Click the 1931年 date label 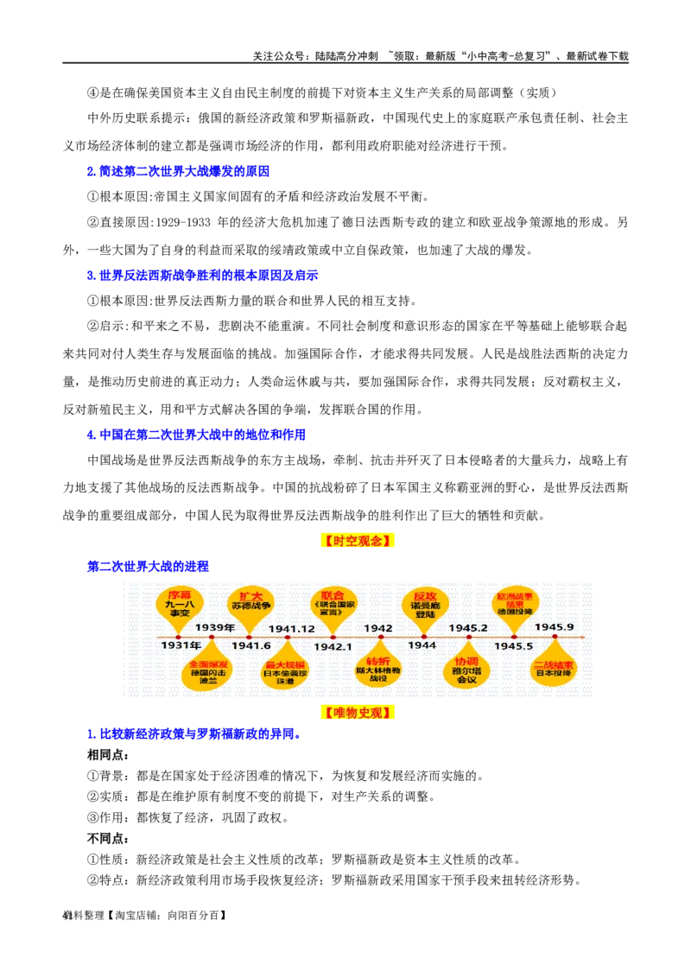tap(181, 645)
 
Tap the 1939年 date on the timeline tap(214, 627)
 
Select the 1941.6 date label tap(251, 645)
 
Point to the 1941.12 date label tap(291, 628)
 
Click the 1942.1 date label tap(333, 645)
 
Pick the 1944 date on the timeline tap(422, 645)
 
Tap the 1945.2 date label tap(468, 627)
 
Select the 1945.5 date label tap(513, 645)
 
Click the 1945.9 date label tap(554, 626)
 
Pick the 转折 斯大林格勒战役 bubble tap(378, 668)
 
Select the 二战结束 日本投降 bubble tap(554, 668)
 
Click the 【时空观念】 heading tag tap(359, 542)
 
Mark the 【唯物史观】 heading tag tap(359, 714)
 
